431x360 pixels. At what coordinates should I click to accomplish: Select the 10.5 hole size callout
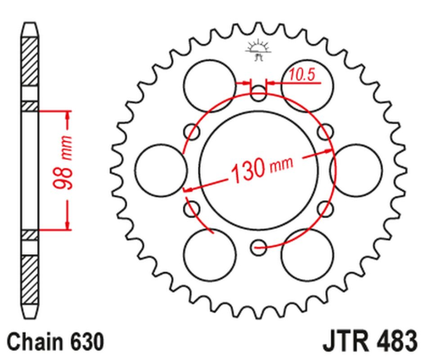(x=300, y=74)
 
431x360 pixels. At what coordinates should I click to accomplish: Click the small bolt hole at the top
(x=259, y=89)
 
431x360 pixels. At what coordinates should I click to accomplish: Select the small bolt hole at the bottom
(x=259, y=245)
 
